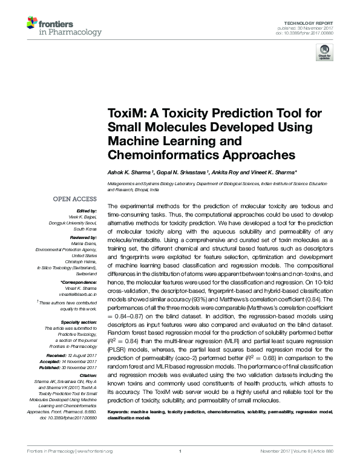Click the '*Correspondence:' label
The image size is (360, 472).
click(79, 283)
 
